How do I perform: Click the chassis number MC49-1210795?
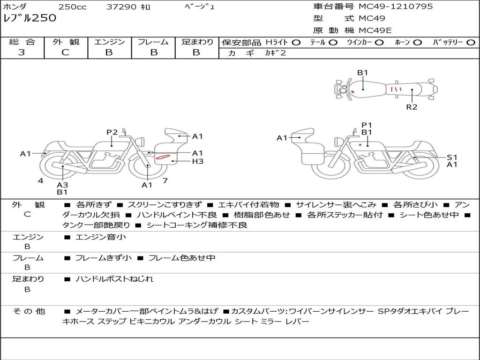[396, 7]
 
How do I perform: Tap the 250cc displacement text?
[72, 7]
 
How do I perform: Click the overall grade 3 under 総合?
[22, 52]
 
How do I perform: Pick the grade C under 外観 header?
[65, 52]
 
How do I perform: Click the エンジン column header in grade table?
[109, 42]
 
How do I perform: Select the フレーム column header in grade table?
[153, 42]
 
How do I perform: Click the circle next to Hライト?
[296, 43]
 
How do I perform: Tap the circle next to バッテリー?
[471, 43]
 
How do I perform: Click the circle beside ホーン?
[418, 43]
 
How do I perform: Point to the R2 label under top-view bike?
[412, 107]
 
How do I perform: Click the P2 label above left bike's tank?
[112, 132]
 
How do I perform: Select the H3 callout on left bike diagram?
[198, 161]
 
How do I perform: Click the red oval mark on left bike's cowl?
[163, 157]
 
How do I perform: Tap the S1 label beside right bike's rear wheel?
[452, 157]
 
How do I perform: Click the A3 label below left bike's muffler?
[62, 185]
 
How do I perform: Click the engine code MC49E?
[375, 30]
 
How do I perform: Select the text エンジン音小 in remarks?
[101, 237]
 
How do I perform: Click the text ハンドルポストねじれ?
[114, 279]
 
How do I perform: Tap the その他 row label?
[29, 311]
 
